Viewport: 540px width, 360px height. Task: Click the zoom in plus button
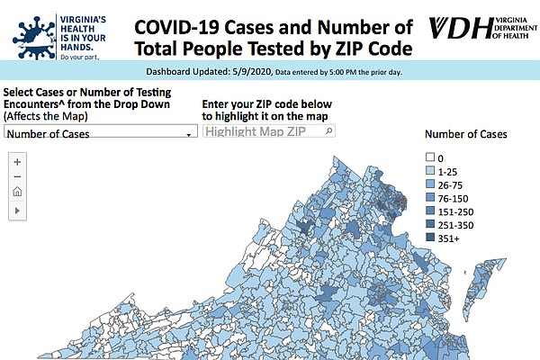[17, 162]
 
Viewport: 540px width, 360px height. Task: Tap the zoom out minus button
[17, 176]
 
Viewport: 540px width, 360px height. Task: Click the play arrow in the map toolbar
[17, 211]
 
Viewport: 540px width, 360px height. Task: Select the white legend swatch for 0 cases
[430, 157]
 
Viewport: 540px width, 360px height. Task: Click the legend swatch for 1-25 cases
[430, 170]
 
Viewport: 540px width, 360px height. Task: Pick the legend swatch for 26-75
[430, 184]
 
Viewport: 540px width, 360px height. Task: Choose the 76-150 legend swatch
[430, 197]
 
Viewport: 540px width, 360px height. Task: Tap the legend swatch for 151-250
[430, 211]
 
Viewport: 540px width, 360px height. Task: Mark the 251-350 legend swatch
[430, 224]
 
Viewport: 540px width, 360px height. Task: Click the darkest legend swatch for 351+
[430, 238]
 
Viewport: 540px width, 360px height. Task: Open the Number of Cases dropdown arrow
[189, 135]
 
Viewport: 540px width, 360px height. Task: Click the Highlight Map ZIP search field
[268, 131]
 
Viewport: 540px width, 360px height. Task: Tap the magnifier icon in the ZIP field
[328, 130]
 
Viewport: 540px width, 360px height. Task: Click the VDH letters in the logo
[461, 28]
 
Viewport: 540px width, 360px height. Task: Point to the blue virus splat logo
[34, 38]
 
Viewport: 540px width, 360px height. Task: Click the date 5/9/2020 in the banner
[252, 72]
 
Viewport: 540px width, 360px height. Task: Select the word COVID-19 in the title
[176, 28]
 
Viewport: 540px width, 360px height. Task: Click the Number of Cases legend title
[466, 134]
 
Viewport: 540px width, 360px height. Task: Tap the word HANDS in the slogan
[76, 47]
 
